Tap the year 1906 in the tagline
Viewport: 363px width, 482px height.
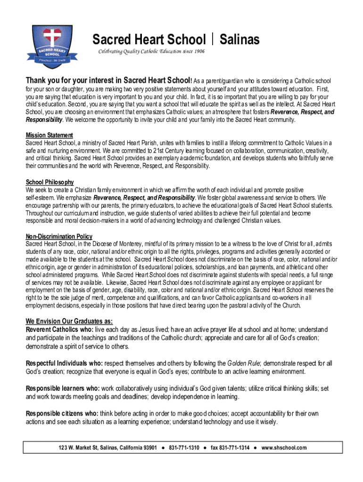pyautogui.click(x=198, y=51)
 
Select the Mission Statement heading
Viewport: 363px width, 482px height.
pyautogui.click(x=49, y=136)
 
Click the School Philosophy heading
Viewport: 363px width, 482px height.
pyautogui.click(x=50, y=182)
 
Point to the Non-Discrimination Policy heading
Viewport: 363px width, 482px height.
pyautogui.click(x=59, y=236)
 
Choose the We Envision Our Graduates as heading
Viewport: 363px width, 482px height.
pyautogui.click(x=69, y=321)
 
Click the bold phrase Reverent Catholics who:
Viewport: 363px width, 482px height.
pyautogui.click(x=59, y=329)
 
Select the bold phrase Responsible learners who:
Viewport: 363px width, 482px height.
pyautogui.click(x=62, y=388)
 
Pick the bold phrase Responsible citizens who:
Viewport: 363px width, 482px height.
pyautogui.click(x=61, y=414)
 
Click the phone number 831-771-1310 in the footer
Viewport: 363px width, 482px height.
pyautogui.click(x=184, y=448)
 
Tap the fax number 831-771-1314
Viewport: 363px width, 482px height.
pyautogui.click(x=231, y=448)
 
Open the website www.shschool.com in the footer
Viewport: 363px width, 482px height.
pyautogui.click(x=284, y=448)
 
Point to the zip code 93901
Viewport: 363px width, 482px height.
pyautogui.click(x=148, y=448)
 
